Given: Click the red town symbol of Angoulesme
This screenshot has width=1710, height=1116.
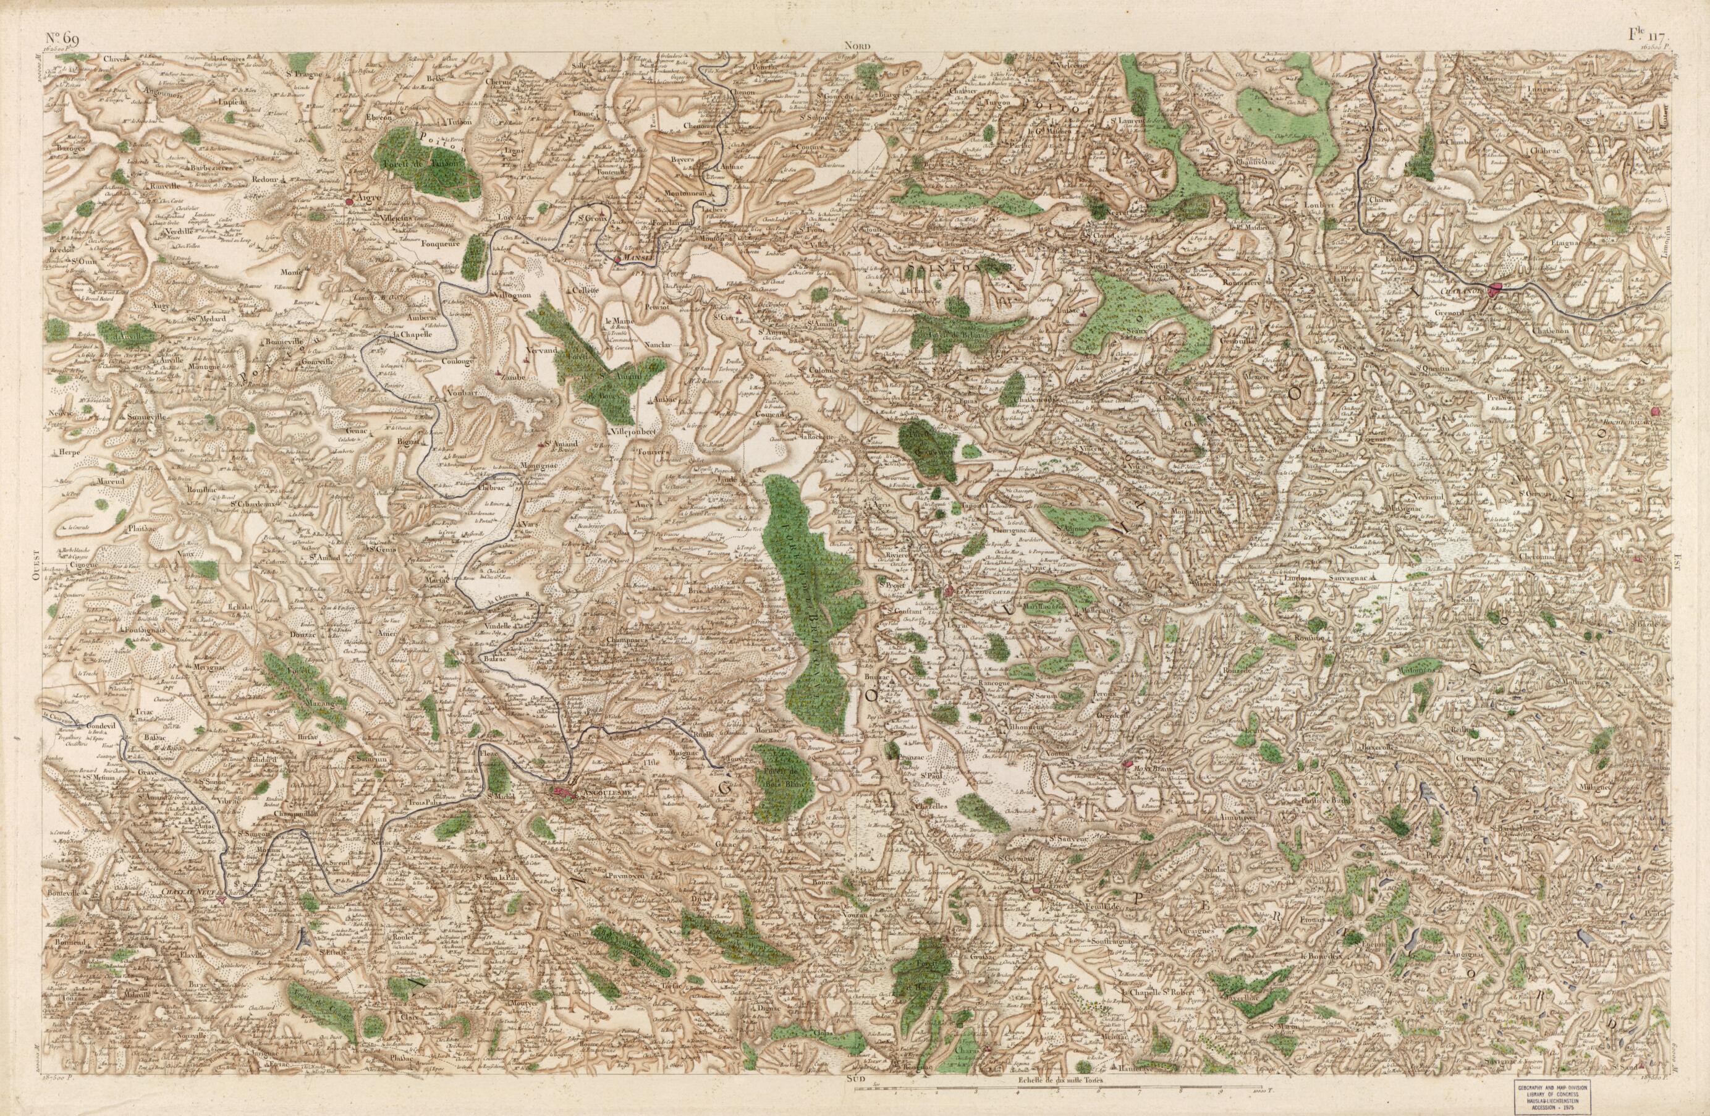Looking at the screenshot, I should [564, 793].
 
